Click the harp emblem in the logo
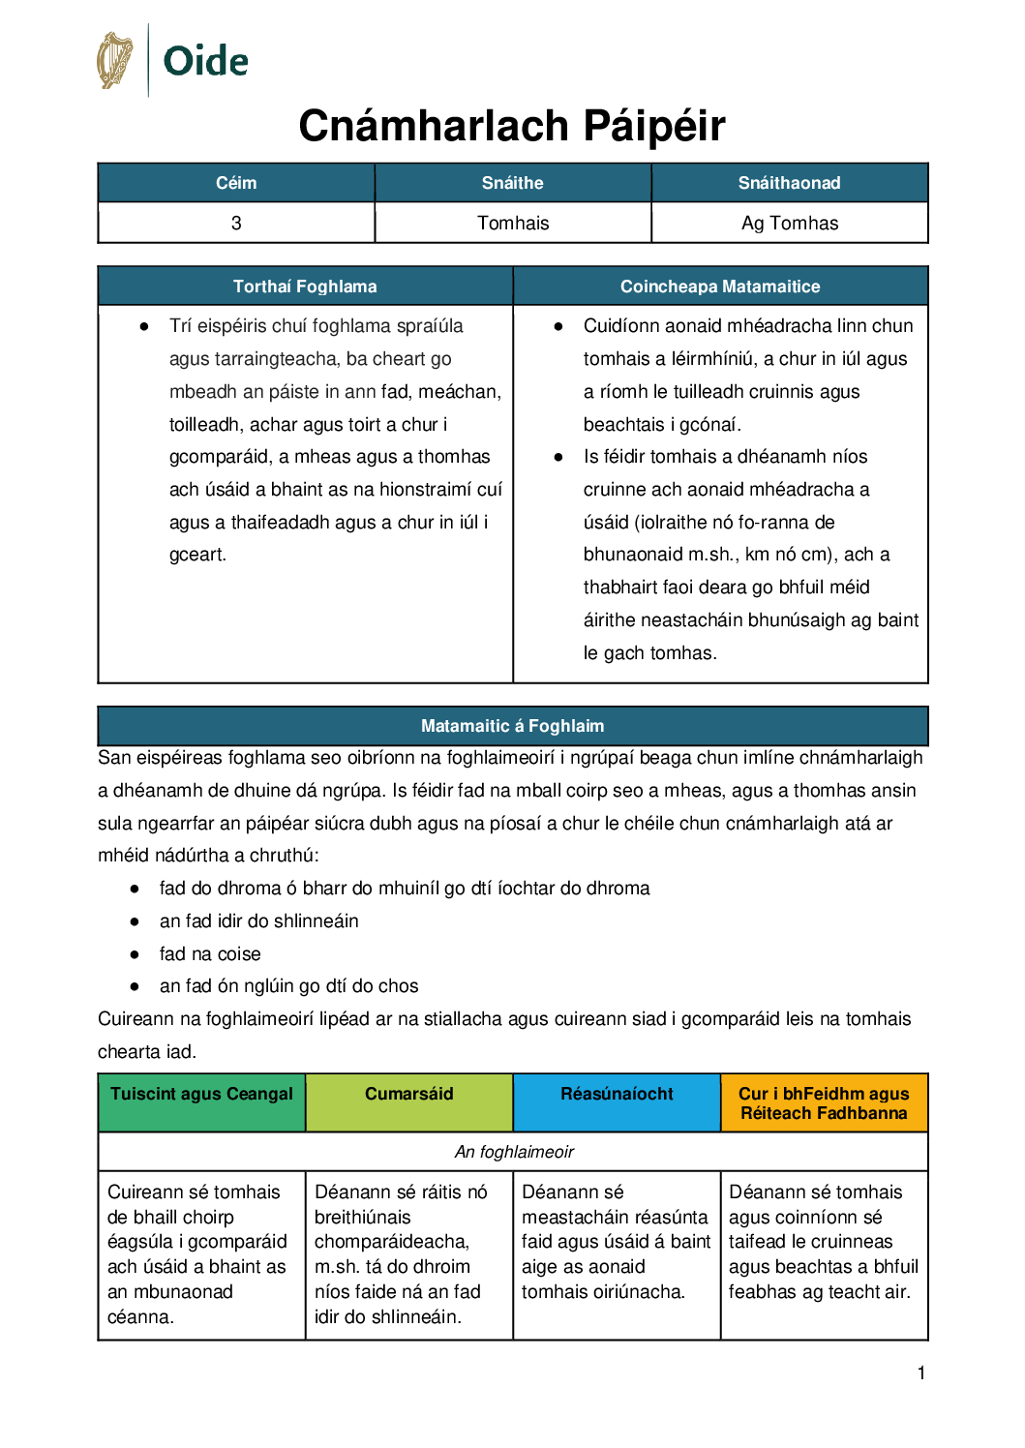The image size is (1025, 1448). pyautogui.click(x=115, y=60)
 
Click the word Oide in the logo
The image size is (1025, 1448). pyautogui.click(x=205, y=62)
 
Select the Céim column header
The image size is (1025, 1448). pyautogui.click(x=236, y=183)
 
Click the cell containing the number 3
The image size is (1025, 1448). pyautogui.click(x=236, y=224)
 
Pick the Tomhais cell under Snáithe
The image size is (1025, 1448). pyautogui.click(x=513, y=224)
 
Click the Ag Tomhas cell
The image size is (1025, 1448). pyautogui.click(x=790, y=224)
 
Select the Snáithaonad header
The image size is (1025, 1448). pyautogui.click(x=790, y=183)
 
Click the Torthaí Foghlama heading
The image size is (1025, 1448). pyautogui.click(x=305, y=287)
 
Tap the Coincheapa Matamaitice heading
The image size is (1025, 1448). pyautogui.click(x=720, y=287)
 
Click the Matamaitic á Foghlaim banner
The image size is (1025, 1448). pyautogui.click(x=513, y=726)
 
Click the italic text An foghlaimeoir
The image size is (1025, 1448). pyautogui.click(x=514, y=1152)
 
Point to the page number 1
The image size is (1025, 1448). pyautogui.click(x=921, y=1373)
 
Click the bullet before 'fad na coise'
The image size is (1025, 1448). pyautogui.click(x=135, y=954)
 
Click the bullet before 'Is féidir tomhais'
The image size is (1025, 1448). pyautogui.click(x=558, y=457)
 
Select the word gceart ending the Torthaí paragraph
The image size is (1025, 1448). pyautogui.click(x=196, y=555)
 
